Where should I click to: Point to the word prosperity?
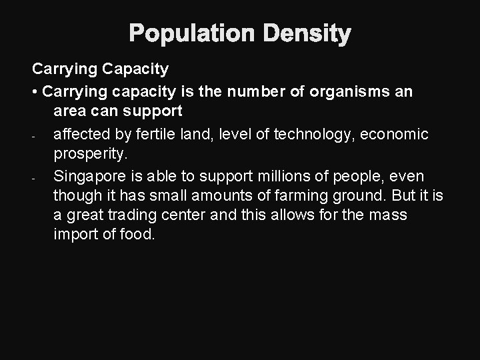point(89,155)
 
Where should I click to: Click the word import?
point(74,235)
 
